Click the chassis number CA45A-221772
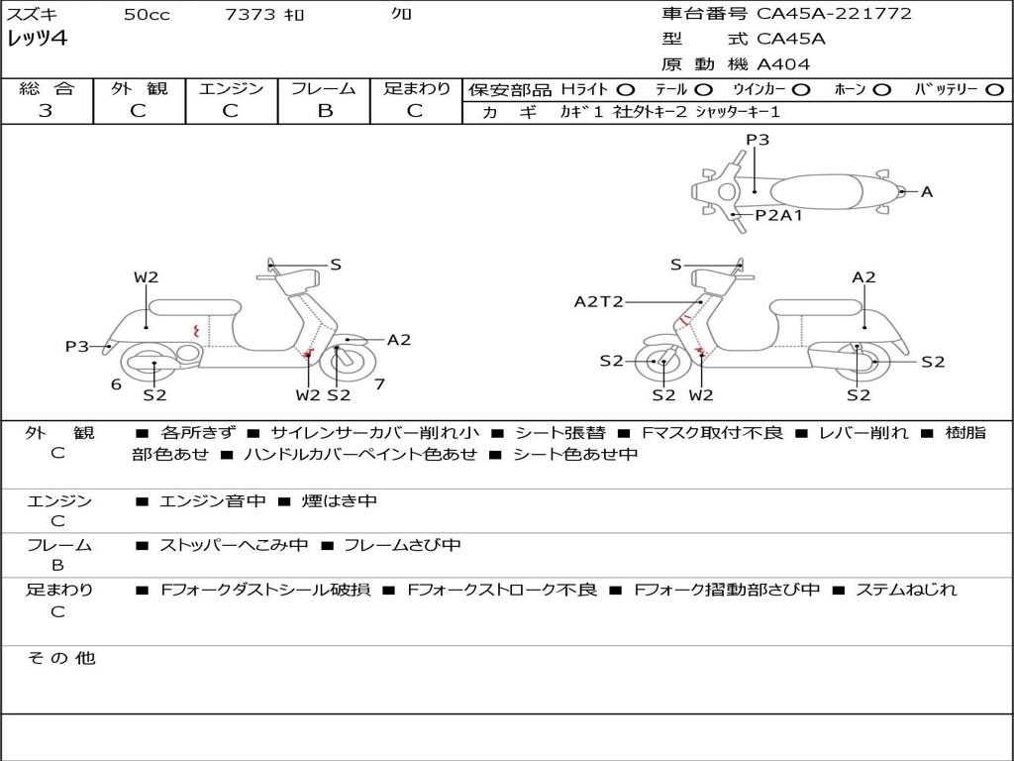tap(834, 14)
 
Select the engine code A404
tap(783, 64)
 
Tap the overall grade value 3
tap(46, 110)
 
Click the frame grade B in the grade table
tap(324, 110)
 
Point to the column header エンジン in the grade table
tap(231, 88)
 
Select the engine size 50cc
tap(147, 15)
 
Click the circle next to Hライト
tap(625, 89)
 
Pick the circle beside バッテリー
tap(995, 89)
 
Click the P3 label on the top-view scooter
tap(758, 140)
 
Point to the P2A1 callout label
tap(778, 214)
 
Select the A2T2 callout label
tap(598, 301)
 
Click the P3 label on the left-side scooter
tap(77, 346)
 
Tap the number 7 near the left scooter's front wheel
tap(379, 383)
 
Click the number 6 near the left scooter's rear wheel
tap(116, 383)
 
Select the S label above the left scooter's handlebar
tap(336, 265)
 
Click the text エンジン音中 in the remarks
tap(212, 501)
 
